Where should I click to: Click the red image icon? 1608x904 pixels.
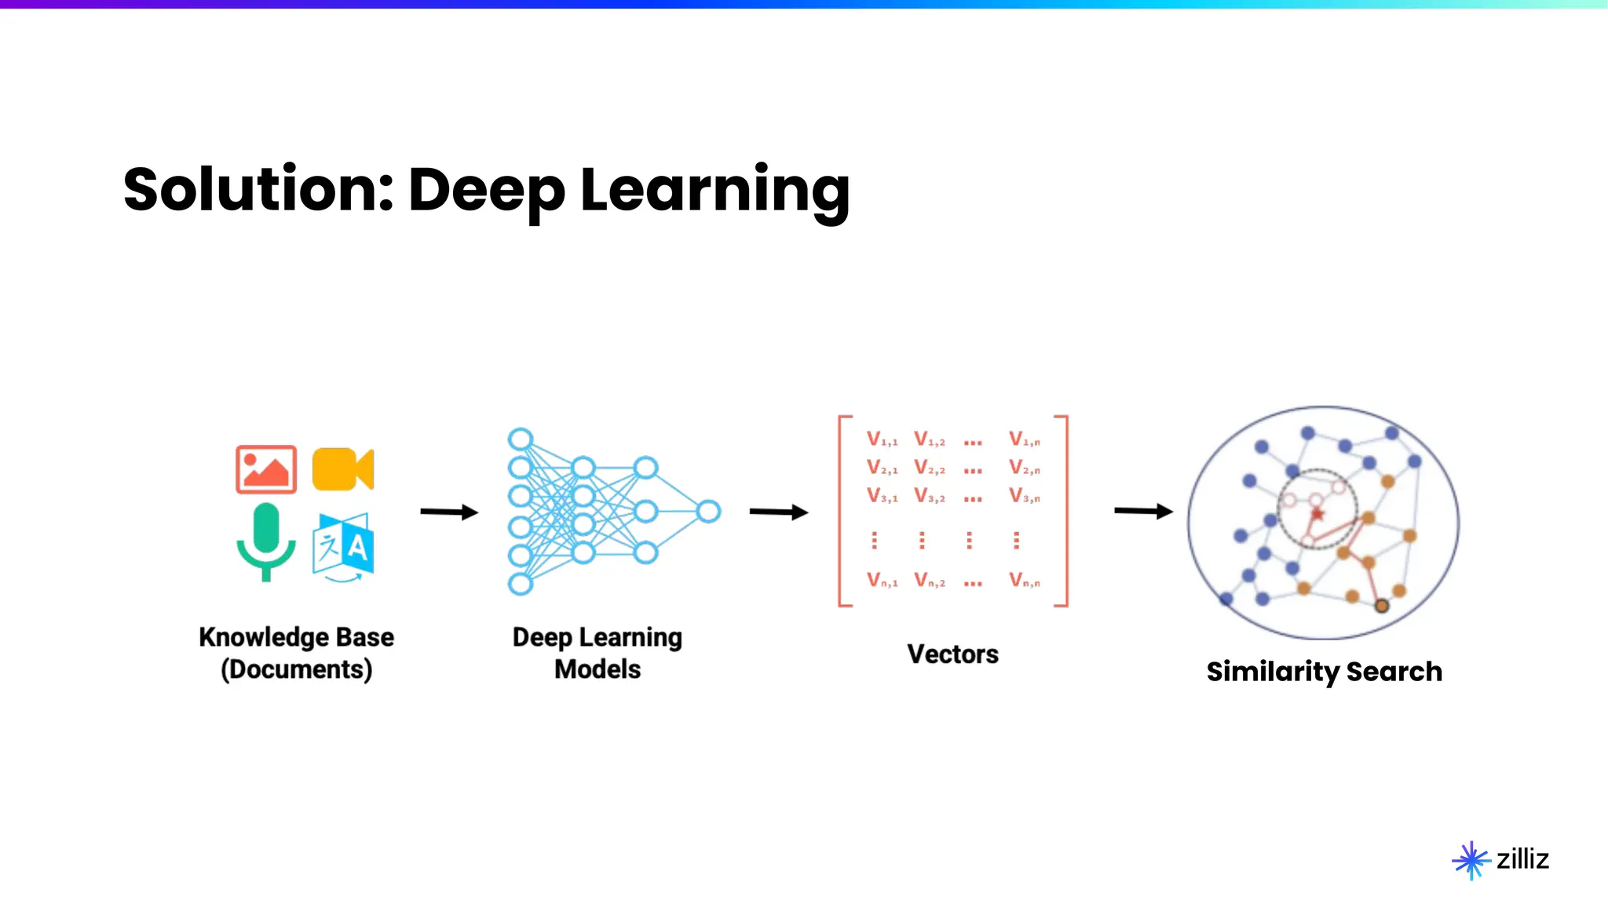click(266, 469)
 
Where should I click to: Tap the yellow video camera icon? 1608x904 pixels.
click(342, 469)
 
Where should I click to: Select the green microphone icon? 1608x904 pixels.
click(266, 541)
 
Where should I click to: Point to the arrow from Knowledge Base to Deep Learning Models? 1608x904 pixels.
click(449, 512)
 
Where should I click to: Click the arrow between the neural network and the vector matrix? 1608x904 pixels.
click(779, 512)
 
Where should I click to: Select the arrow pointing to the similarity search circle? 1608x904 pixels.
click(1143, 512)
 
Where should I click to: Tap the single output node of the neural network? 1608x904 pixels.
click(708, 512)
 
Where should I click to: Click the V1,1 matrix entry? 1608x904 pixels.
click(882, 439)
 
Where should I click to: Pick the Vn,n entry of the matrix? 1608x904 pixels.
click(1025, 581)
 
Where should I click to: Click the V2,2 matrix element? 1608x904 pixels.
click(930, 468)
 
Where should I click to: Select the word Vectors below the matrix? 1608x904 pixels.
click(952, 654)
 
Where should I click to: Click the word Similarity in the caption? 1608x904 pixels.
click(1273, 672)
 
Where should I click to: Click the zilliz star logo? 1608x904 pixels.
click(1471, 861)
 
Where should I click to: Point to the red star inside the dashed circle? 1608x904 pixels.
click(1317, 515)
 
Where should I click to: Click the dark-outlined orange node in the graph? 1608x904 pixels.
click(1382, 606)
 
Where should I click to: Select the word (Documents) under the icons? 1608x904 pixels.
click(296, 669)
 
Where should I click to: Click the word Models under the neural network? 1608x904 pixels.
click(598, 669)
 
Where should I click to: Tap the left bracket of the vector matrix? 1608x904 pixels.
click(842, 511)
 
